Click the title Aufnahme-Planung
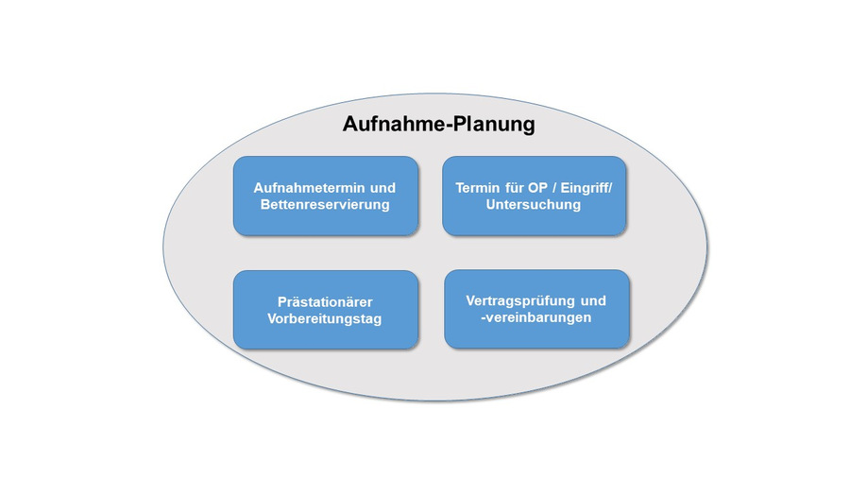437,124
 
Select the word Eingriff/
585,187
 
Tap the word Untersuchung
533,204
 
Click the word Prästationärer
325,301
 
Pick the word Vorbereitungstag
325,319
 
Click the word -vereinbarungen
535,317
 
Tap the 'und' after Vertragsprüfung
592,300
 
